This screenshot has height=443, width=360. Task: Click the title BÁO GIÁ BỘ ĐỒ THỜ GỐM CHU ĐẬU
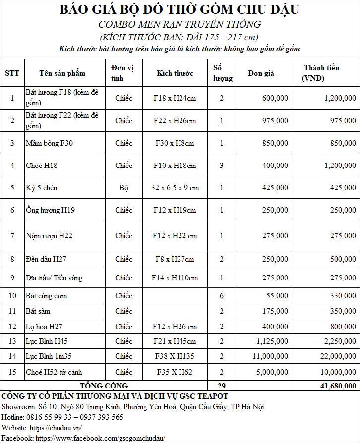180,9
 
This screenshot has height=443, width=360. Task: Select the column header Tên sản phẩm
62,73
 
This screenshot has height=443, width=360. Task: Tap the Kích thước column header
175,73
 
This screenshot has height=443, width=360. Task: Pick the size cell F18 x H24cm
175,98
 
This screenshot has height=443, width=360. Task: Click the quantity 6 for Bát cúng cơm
222,296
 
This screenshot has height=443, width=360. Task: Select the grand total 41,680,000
335,386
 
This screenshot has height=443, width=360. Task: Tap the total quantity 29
221,386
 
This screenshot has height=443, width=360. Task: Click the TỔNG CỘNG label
104,386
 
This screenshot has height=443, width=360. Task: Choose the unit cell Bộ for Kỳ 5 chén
123,188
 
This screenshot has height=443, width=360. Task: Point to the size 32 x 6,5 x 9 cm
175,188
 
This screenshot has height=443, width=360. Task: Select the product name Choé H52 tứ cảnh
54,372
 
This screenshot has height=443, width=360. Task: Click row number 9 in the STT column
12,278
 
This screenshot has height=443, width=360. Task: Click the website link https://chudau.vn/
56,428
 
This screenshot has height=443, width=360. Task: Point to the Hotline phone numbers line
62,417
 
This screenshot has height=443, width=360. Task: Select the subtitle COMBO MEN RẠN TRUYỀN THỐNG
180,24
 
